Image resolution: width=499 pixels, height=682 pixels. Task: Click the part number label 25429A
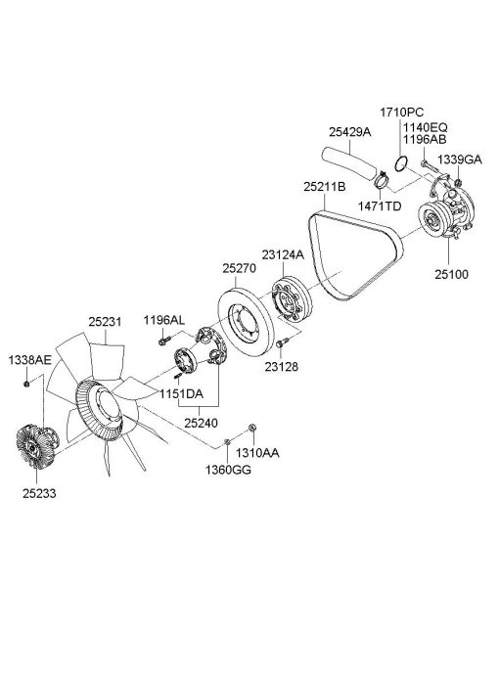[x=349, y=132]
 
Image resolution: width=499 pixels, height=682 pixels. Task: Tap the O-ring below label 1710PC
[x=401, y=163]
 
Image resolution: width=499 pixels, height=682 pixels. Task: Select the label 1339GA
[x=460, y=159]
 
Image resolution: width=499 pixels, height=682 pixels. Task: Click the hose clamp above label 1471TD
[x=381, y=179]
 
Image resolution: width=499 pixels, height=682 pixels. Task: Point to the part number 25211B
[x=325, y=187]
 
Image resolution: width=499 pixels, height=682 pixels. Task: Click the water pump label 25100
[x=452, y=274]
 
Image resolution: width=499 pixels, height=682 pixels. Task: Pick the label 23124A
[x=283, y=254]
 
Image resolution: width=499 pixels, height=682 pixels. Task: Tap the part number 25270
[x=240, y=268]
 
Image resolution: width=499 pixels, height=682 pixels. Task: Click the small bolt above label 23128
[x=282, y=342]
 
